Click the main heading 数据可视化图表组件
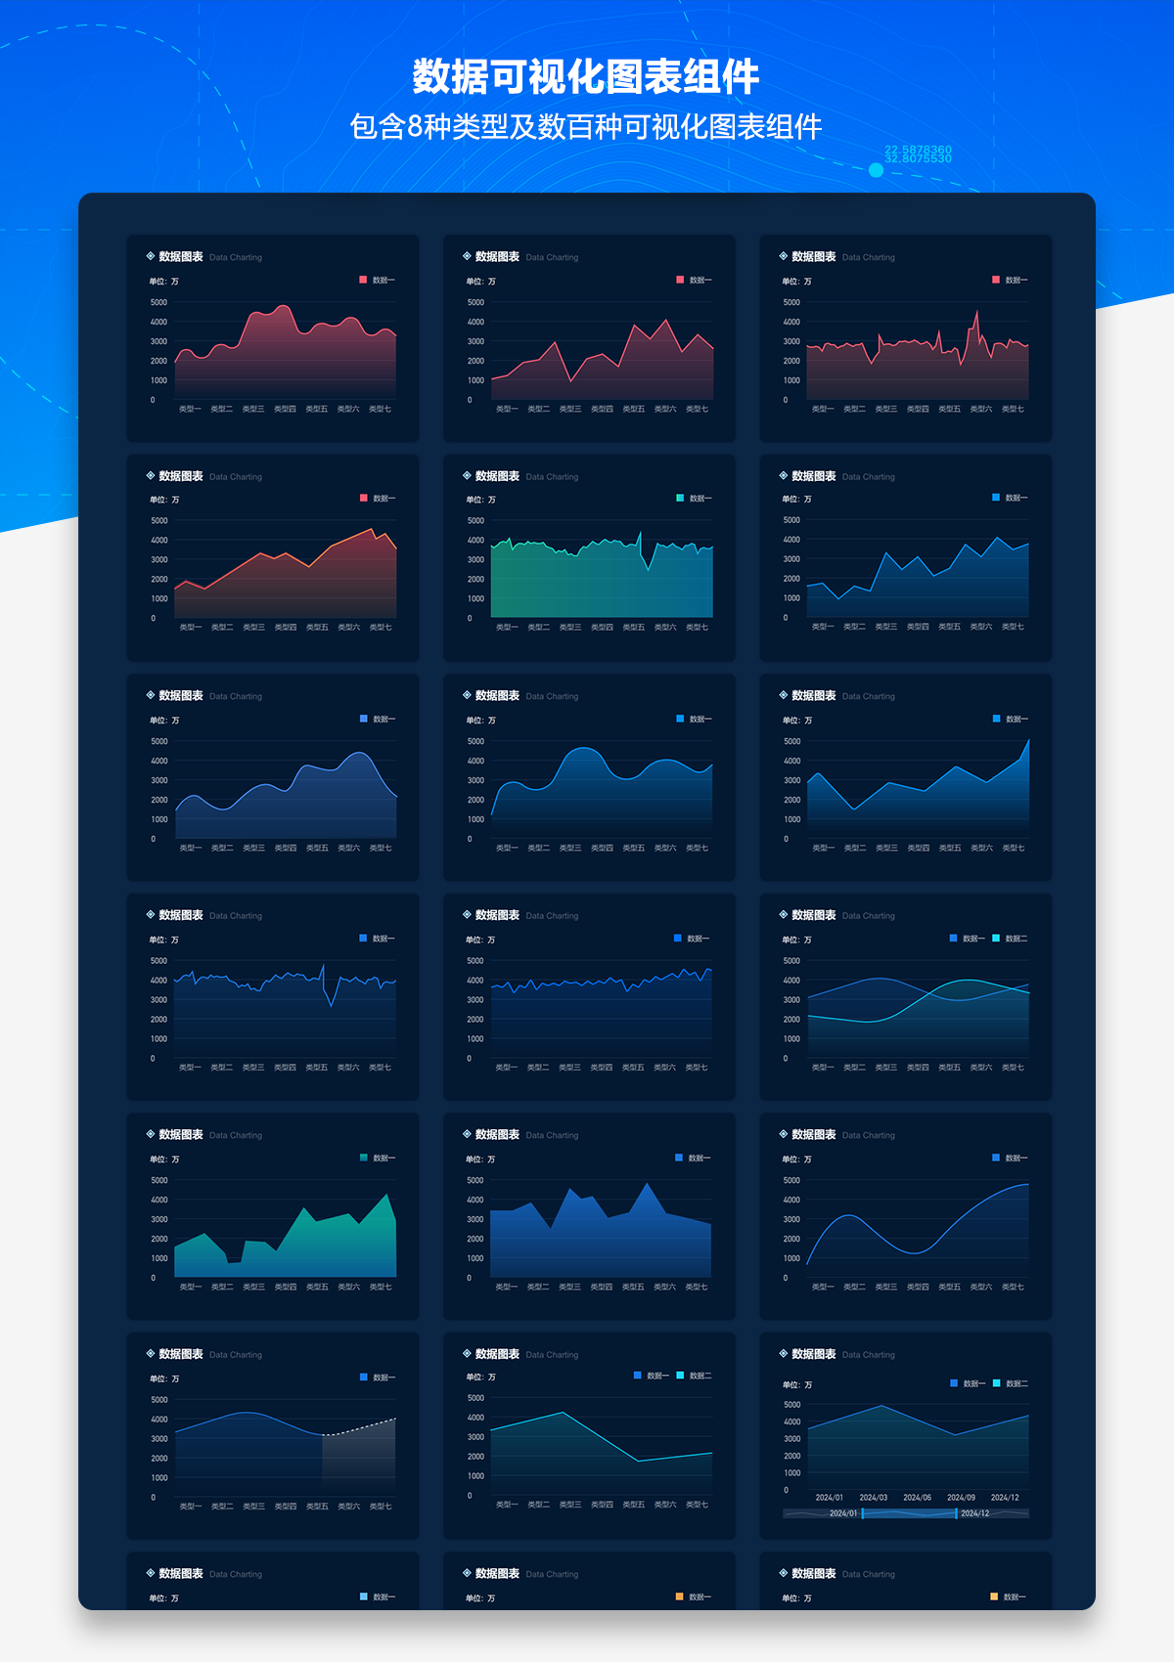click(585, 76)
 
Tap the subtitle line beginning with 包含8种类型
click(585, 127)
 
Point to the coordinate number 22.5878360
click(918, 150)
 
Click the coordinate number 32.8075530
click(918, 158)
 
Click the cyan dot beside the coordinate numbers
click(876, 170)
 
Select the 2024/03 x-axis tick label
click(873, 1497)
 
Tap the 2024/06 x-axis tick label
click(917, 1497)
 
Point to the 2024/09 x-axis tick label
click(961, 1497)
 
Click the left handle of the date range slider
click(862, 1513)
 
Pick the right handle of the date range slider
click(956, 1513)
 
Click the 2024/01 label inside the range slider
click(842, 1513)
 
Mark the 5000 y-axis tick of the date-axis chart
click(792, 1405)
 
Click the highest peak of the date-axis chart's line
click(881, 1406)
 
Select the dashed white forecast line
click(360, 1427)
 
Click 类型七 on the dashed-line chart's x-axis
click(381, 1507)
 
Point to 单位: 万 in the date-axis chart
click(796, 1384)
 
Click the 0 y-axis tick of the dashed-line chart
click(154, 1497)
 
